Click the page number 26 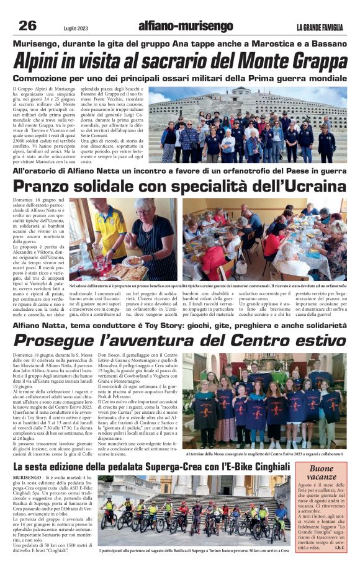(x=27, y=25)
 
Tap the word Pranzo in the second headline (x=47, y=186)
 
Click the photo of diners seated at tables (x=264, y=239)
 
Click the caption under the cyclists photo (x=194, y=550)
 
